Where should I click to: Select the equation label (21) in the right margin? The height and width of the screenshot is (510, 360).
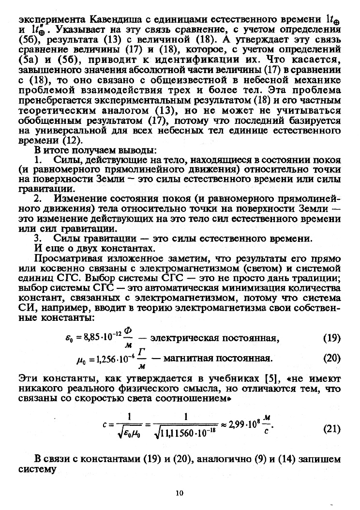331,429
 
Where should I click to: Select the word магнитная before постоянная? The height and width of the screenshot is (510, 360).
186,359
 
